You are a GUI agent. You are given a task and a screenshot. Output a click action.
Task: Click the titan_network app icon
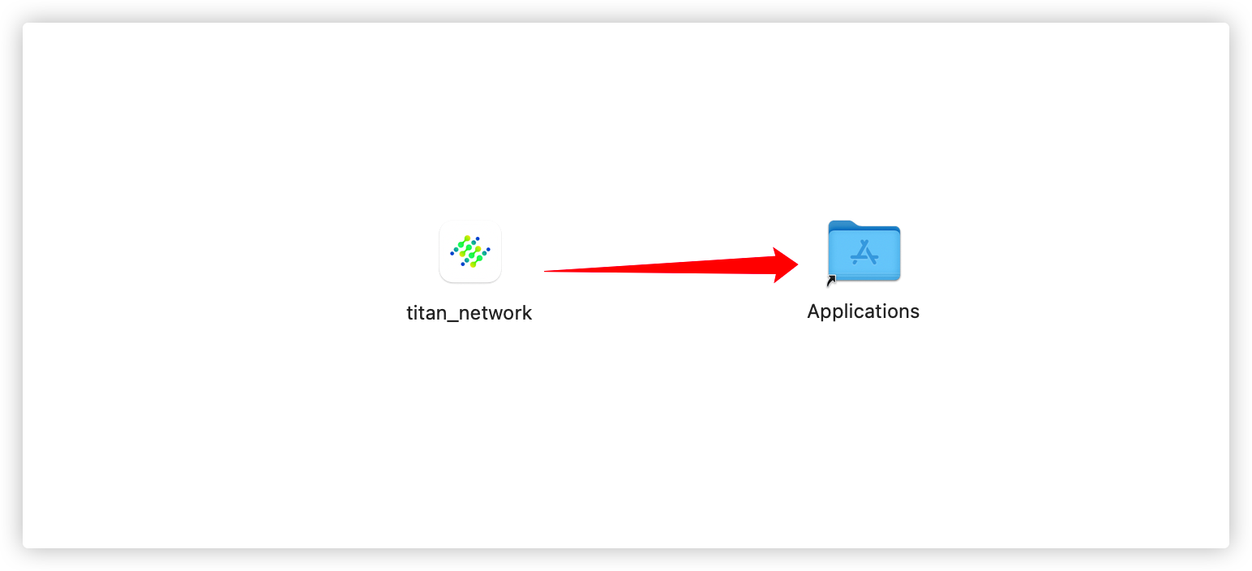coord(470,251)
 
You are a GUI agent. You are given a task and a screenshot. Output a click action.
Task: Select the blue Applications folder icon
coord(864,251)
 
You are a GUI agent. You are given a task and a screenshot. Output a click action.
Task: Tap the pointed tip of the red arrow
coord(797,264)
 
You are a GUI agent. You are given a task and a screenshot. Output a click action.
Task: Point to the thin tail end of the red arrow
coord(547,271)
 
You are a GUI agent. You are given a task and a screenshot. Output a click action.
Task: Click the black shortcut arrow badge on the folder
coord(831,281)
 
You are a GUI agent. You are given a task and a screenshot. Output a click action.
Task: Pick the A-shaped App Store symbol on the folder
coord(864,252)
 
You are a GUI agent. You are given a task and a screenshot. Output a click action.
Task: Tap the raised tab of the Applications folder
coord(843,225)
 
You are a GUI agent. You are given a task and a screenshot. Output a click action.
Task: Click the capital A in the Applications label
coord(814,311)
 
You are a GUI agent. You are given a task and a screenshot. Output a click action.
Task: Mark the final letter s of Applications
coord(915,312)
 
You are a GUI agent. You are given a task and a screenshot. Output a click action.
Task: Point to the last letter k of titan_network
coord(528,313)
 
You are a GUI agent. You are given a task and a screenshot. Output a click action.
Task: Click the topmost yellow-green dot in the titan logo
coord(467,238)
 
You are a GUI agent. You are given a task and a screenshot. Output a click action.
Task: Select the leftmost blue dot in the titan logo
coord(452,254)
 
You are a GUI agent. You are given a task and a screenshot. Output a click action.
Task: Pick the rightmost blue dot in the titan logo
coord(488,249)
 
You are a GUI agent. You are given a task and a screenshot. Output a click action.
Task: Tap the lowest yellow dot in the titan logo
coord(474,264)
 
